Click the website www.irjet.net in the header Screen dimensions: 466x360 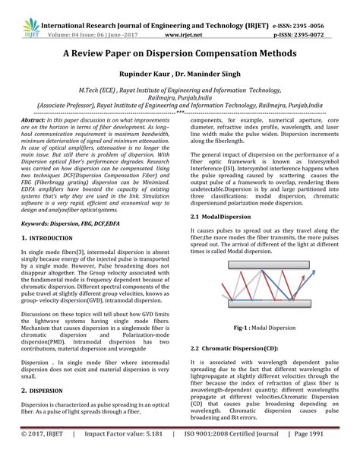coord(177,17)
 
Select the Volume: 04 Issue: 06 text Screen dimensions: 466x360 coord(81,17)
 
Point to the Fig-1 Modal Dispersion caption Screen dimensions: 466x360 coord(261,327)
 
